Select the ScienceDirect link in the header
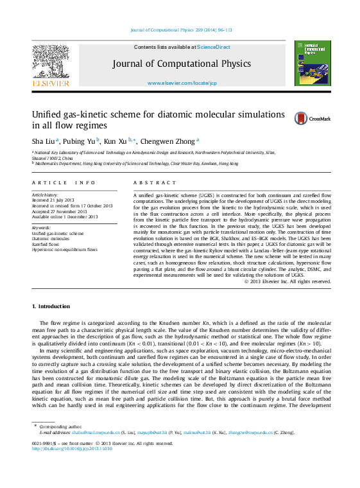214,48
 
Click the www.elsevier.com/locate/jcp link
182,83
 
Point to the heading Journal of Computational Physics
182,64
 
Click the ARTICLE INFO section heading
64,183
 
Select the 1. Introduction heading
51,306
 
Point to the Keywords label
42,228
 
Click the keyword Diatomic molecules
52,239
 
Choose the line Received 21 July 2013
53,200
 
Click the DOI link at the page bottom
72,448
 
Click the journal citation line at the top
182,30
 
